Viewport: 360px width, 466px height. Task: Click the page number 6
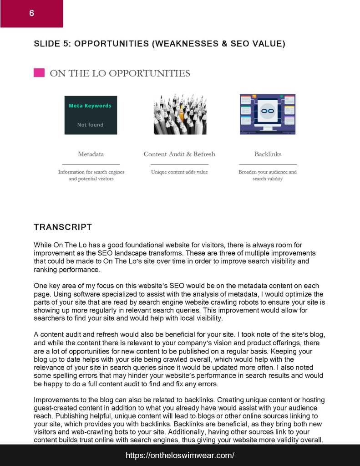tap(31, 13)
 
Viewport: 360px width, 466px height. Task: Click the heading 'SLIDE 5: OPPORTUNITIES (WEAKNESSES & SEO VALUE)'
tap(159, 44)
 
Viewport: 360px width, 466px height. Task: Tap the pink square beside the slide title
tap(39, 73)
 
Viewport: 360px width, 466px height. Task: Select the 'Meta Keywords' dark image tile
tap(91, 115)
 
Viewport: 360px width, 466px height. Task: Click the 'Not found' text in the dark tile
tap(90, 125)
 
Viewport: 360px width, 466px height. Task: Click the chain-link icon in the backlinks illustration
tap(267, 111)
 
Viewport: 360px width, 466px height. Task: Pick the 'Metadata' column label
tap(91, 154)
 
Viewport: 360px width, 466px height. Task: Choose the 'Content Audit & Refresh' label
tap(179, 154)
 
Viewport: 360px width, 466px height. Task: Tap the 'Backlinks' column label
tap(268, 154)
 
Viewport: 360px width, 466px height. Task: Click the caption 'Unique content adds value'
tap(179, 172)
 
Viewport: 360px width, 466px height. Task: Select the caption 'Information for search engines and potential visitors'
tap(91, 175)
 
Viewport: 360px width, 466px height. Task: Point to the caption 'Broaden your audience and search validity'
tap(268, 175)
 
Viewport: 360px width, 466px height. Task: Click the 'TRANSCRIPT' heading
tap(63, 227)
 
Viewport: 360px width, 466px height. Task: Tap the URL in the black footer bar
tap(180, 455)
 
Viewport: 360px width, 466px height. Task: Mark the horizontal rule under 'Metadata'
tap(91, 164)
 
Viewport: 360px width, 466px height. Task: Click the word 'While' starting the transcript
tap(42, 245)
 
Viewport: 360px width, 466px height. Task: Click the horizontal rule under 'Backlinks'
tap(268, 164)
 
